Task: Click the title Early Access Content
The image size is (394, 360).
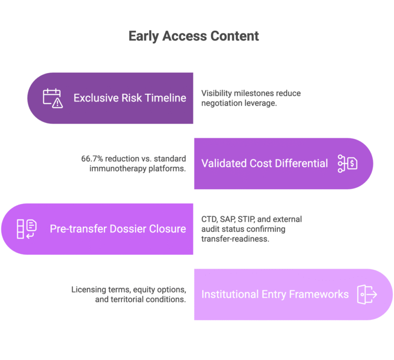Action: point(194,36)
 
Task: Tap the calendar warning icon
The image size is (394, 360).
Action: point(53,98)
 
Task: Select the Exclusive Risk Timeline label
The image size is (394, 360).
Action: point(130,98)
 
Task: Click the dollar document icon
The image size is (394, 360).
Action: point(347,164)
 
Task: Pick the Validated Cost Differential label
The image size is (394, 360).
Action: point(265,163)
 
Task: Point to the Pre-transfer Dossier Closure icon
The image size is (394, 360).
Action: point(27,229)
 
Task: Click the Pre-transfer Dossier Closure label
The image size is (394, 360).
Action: point(118,229)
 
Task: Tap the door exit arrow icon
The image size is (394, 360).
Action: point(367,294)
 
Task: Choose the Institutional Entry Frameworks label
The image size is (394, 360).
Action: point(275,294)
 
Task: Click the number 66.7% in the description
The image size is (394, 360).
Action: point(92,159)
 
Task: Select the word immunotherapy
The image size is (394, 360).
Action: point(118,169)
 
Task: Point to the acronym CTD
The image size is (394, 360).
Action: point(209,219)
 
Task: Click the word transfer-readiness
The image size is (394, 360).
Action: point(235,239)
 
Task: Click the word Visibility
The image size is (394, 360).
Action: point(216,93)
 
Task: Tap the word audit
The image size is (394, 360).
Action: point(210,229)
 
